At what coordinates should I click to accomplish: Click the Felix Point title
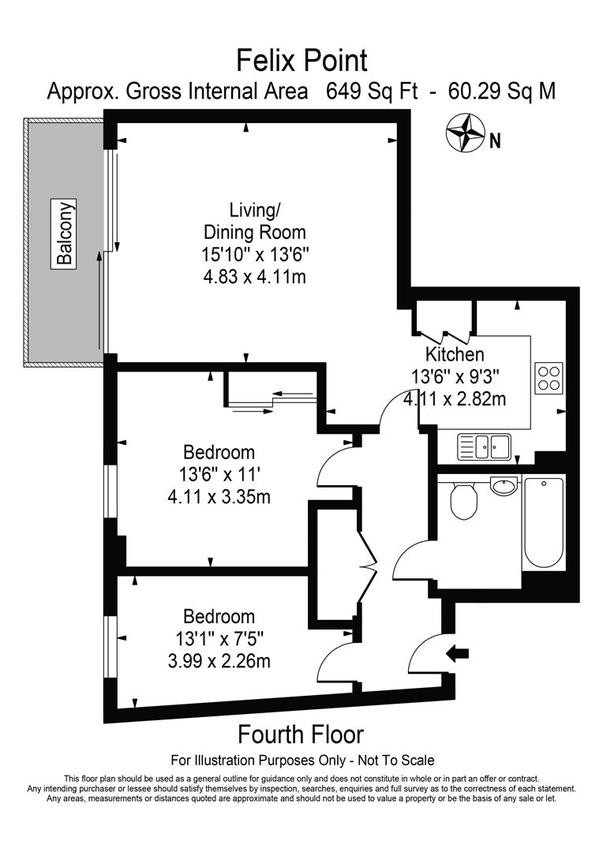(301, 60)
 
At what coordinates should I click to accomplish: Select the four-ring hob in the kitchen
(549, 378)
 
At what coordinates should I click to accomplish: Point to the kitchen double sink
(485, 447)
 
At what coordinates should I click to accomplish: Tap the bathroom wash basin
(506, 485)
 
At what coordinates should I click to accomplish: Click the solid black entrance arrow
(457, 653)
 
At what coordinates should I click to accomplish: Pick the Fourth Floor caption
(301, 734)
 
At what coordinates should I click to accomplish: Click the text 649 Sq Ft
(372, 92)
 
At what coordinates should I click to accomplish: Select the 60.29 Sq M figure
(502, 92)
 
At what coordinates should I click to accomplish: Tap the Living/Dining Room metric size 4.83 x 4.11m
(254, 277)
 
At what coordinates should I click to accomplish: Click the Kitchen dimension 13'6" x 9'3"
(455, 376)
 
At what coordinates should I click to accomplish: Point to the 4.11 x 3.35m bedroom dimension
(219, 497)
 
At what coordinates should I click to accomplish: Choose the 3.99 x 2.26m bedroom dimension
(219, 661)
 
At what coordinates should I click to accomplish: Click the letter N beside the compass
(495, 141)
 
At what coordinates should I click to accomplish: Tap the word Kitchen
(455, 354)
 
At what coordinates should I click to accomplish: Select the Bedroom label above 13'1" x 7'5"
(219, 616)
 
